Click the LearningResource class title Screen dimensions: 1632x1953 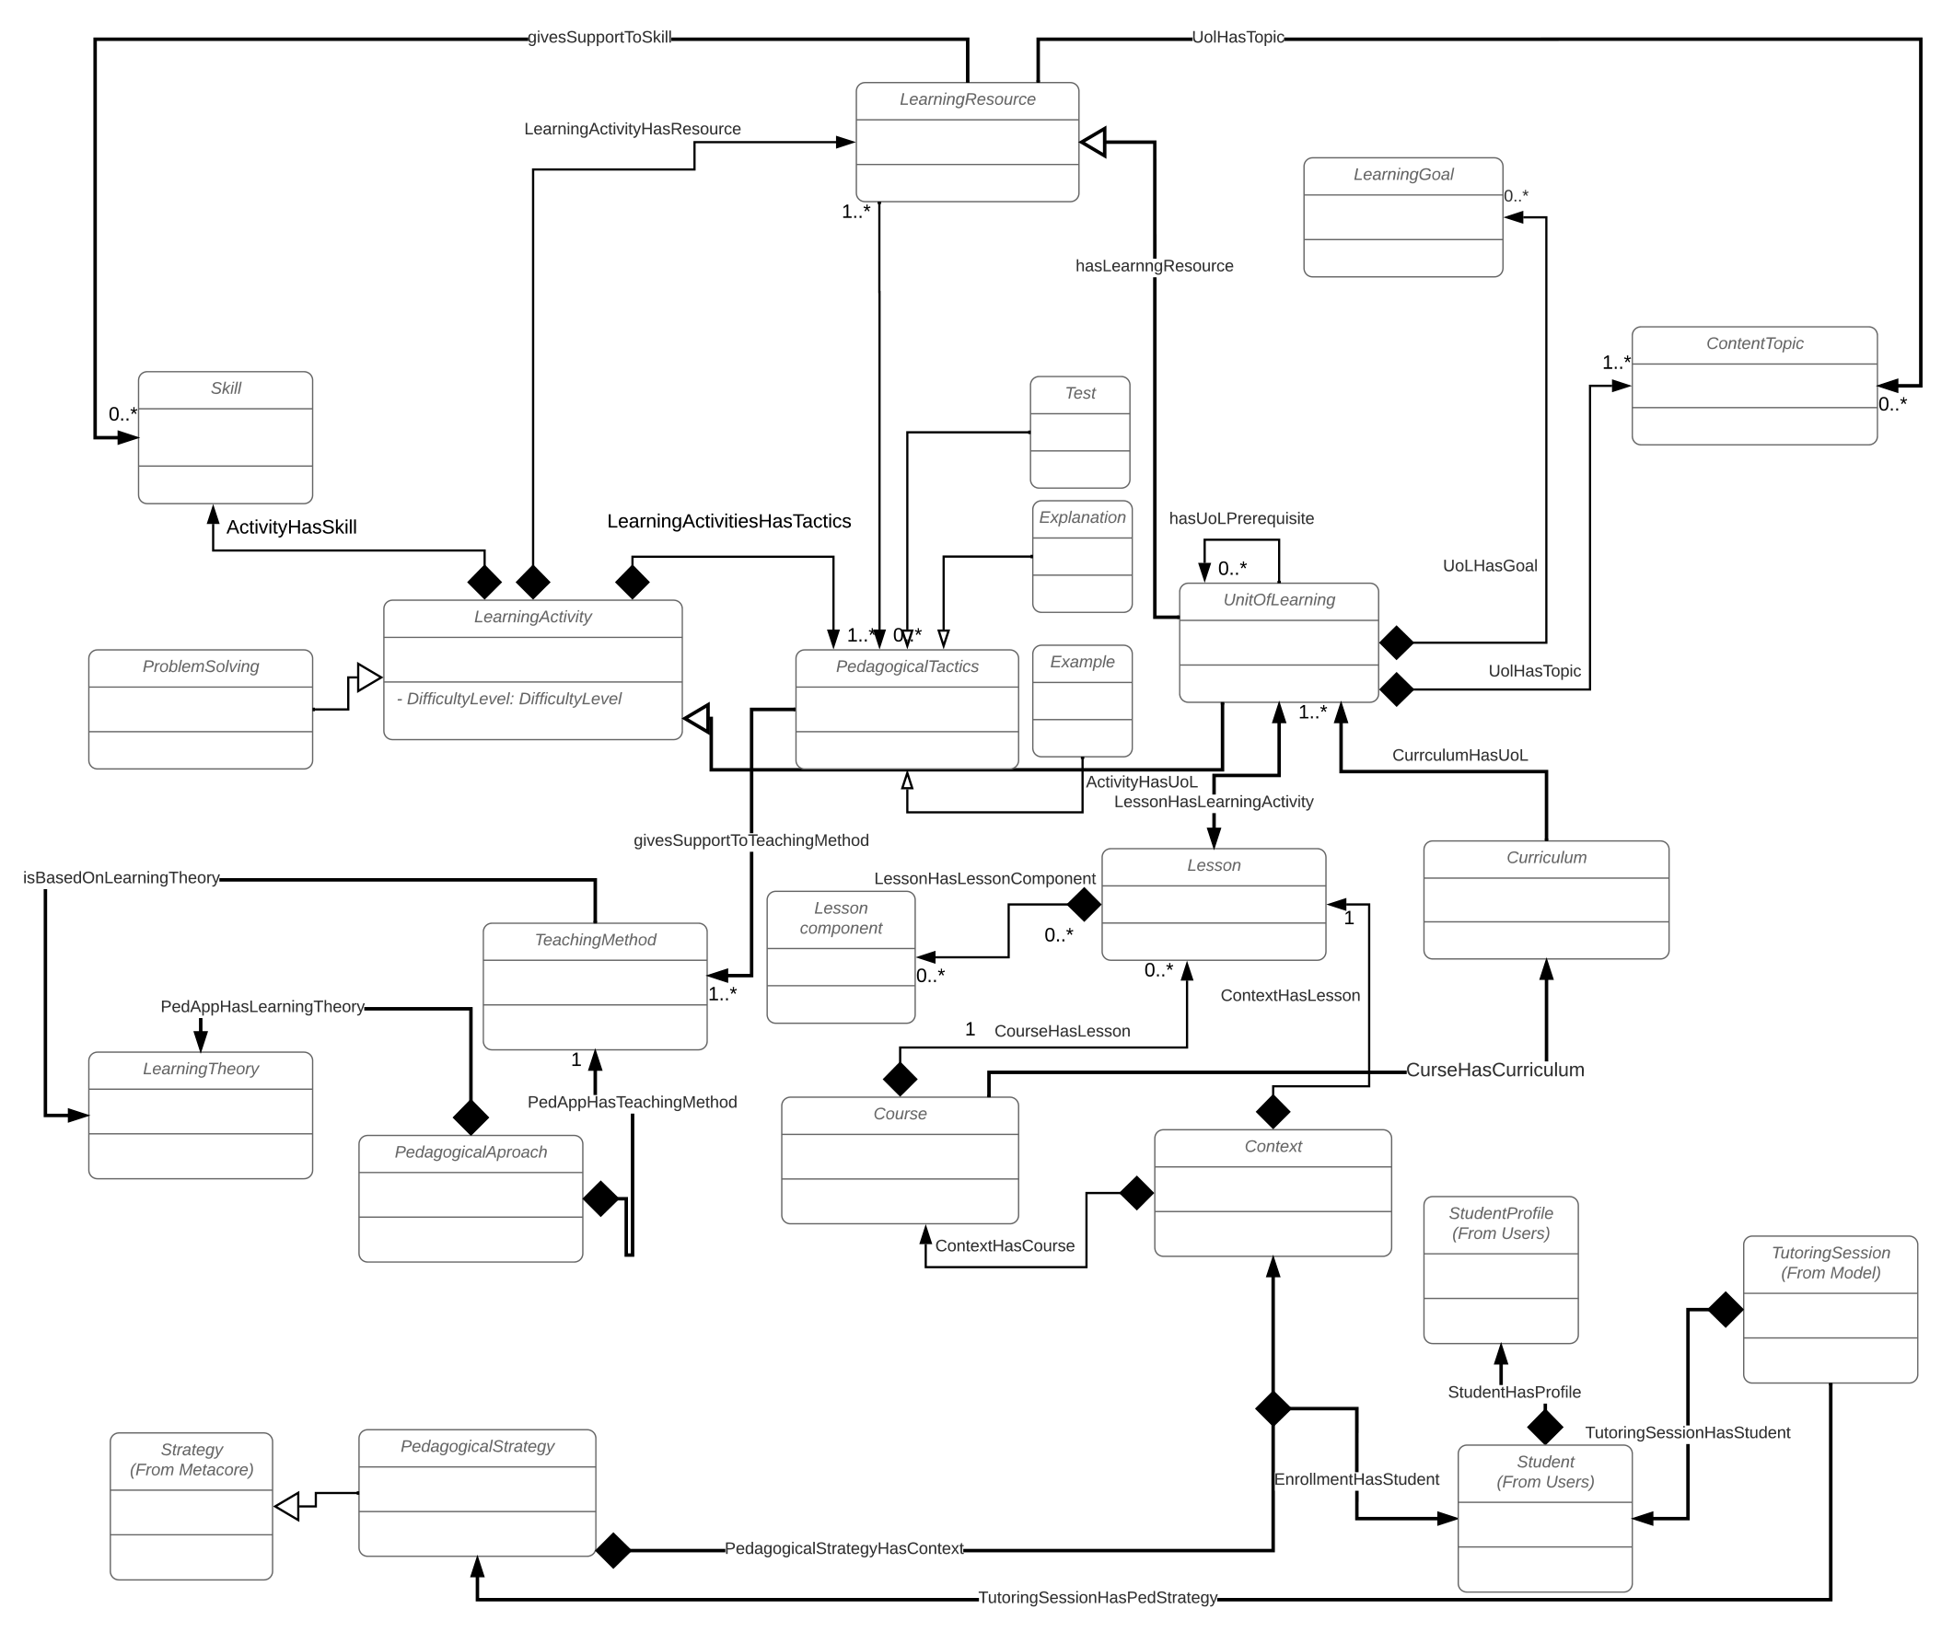[967, 99]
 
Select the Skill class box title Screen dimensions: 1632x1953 [225, 388]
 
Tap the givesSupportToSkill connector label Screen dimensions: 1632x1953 [599, 37]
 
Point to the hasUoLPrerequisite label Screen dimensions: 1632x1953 [1240, 518]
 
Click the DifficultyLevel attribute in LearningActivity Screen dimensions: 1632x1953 [508, 699]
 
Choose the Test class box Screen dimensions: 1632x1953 [1080, 432]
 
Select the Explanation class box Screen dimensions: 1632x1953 [1082, 556]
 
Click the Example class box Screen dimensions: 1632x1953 [1082, 700]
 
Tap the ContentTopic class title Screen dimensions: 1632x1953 [1754, 343]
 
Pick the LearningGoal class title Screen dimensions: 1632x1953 [1402, 175]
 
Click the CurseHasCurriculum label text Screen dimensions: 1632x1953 [1494, 1070]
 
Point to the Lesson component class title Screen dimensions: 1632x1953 [841, 918]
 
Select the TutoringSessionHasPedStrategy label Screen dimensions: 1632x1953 [1098, 1598]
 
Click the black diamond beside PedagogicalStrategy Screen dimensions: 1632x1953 [613, 1550]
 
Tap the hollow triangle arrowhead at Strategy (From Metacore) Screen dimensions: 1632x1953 [287, 1506]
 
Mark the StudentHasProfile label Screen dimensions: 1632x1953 [1514, 1392]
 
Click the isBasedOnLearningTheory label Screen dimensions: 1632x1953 [121, 878]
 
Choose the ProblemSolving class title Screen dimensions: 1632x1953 [200, 666]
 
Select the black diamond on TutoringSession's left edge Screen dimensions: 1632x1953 [1726, 1309]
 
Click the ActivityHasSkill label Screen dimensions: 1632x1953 [291, 527]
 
